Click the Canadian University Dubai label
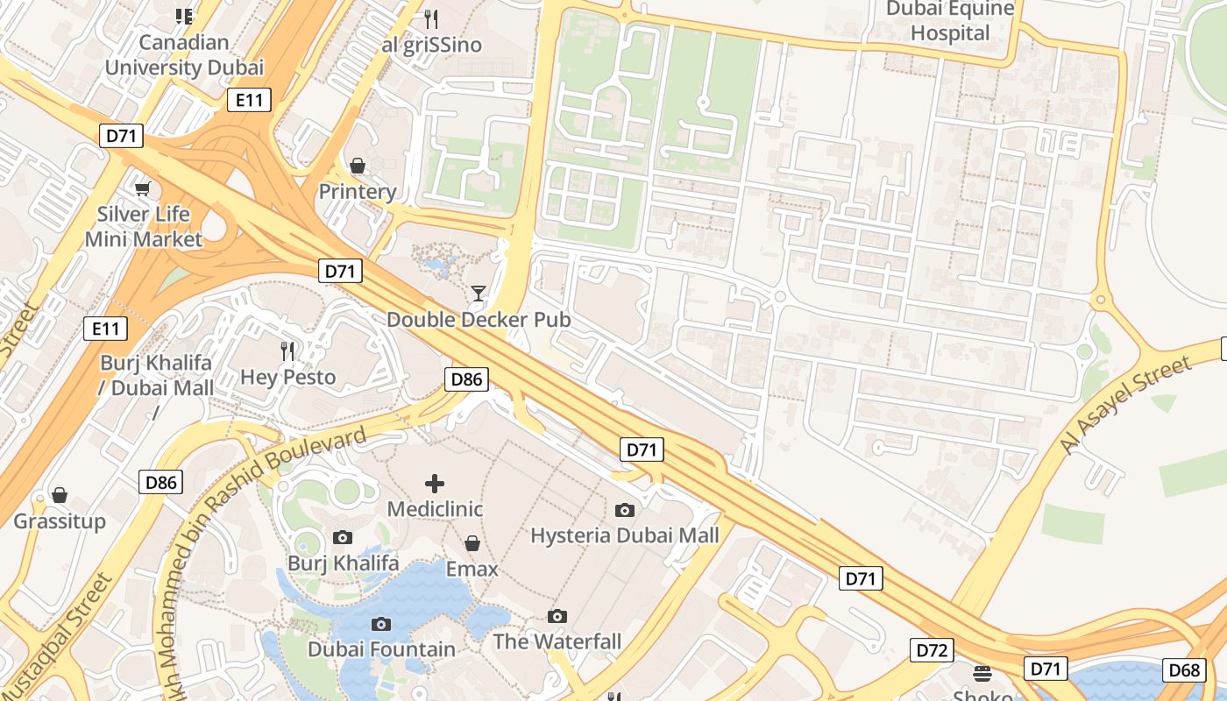coord(184,54)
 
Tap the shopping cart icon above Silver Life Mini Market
coord(142,188)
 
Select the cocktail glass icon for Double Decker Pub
coord(479,293)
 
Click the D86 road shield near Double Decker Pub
coord(466,379)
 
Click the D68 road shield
coord(1184,670)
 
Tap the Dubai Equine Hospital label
coord(950,21)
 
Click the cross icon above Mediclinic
coord(435,484)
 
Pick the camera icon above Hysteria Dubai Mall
coord(625,510)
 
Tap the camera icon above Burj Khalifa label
coord(343,537)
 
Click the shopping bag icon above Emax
coord(472,543)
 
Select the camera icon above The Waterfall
coord(557,616)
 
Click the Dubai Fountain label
coord(381,649)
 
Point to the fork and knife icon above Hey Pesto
coord(287,351)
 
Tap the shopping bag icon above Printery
coord(358,166)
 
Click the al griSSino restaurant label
coord(431,45)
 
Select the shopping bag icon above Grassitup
coord(60,496)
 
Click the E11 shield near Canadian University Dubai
coord(249,100)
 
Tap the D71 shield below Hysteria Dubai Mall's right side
coord(861,578)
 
